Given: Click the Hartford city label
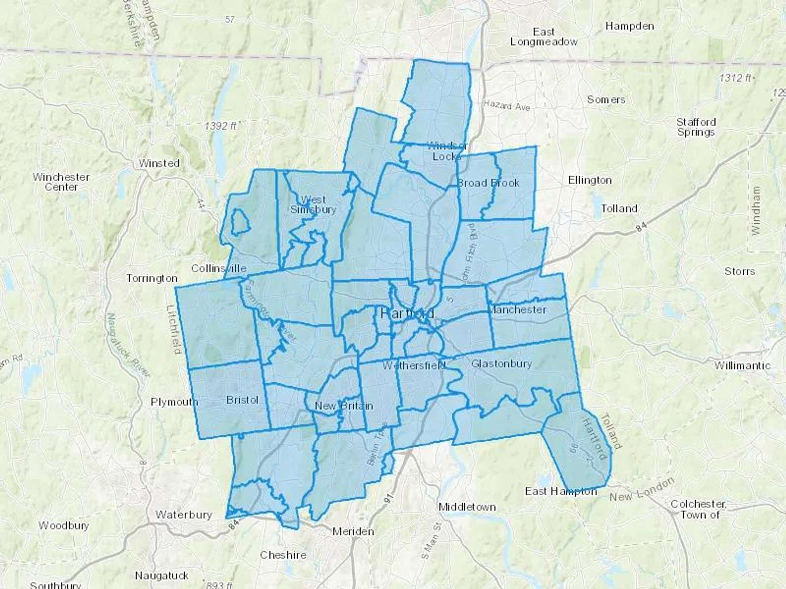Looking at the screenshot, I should point(407,313).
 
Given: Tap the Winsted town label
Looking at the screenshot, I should point(159,163).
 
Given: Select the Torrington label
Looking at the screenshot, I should point(152,278).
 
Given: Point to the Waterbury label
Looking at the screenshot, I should point(183,515).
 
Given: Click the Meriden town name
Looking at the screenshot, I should point(353,531).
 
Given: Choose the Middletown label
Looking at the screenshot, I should point(467,507).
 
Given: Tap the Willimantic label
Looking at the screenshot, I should point(742,365).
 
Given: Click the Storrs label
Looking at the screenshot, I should point(739,271).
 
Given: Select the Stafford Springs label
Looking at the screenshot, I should point(696,127).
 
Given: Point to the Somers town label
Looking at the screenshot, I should point(606,99).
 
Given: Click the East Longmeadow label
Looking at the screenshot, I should point(544,37).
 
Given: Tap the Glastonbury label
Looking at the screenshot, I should point(501,363).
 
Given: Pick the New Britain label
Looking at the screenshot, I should point(344,406).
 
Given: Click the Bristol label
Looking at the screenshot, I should point(242,400).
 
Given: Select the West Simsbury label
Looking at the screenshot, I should point(313,205).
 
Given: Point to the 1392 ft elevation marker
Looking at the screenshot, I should point(221,126).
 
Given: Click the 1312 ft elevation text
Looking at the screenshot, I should point(736,78).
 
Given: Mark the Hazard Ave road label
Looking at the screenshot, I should point(507,105).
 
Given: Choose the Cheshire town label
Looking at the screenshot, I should point(283,555).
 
